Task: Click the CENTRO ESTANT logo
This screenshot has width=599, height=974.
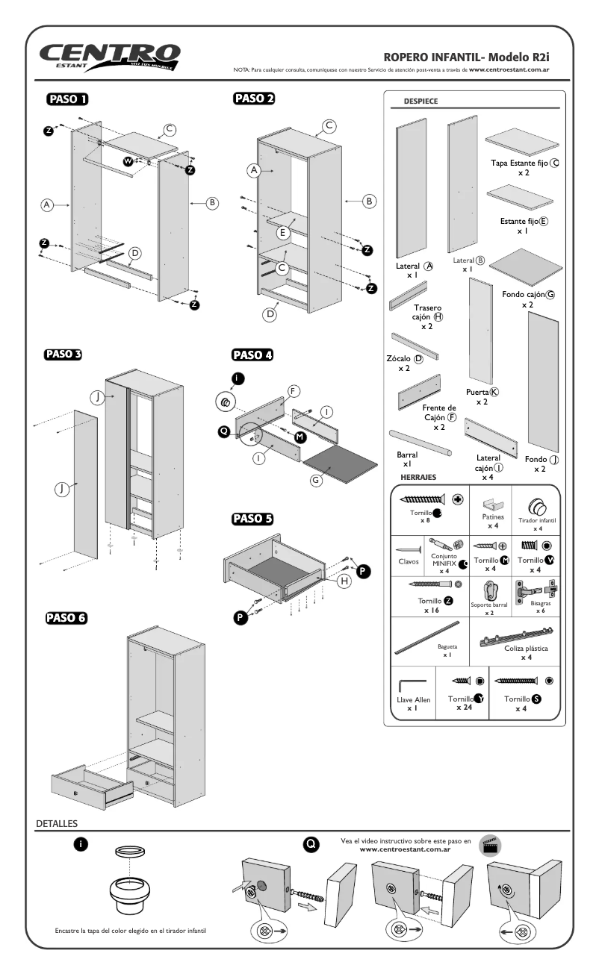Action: coord(111,57)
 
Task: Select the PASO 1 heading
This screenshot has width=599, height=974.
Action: coord(68,99)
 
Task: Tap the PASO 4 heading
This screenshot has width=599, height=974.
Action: coord(252,355)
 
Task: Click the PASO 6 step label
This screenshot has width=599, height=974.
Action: coord(66,618)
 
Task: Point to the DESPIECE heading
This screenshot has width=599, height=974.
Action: coord(420,102)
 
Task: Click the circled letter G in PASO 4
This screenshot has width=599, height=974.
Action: coord(316,481)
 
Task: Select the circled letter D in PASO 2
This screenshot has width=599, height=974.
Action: coord(270,315)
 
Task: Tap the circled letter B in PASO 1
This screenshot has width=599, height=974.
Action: coord(211,202)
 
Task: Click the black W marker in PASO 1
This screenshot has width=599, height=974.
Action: coord(127,161)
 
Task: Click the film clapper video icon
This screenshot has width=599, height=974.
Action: coord(490,845)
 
